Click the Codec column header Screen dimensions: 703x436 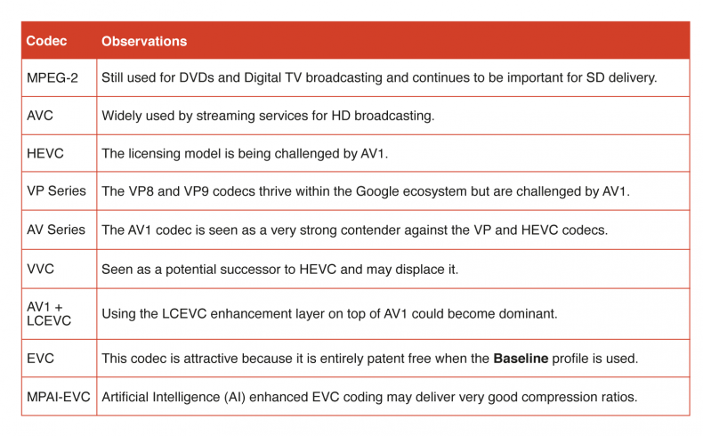coord(46,41)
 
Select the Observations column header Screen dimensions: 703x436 coord(144,41)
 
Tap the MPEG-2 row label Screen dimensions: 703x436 coord(52,78)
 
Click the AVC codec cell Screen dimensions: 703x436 coord(40,116)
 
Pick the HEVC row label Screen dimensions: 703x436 coord(45,154)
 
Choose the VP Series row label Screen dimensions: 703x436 coord(56,191)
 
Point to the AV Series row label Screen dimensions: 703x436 coord(56,230)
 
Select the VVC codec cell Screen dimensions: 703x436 coord(40,269)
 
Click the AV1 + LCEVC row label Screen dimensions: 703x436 coord(49,314)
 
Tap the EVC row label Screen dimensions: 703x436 coord(40,359)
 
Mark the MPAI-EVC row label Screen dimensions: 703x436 coord(58,397)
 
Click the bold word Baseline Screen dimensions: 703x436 coord(521,359)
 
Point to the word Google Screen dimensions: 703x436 coord(377,191)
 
